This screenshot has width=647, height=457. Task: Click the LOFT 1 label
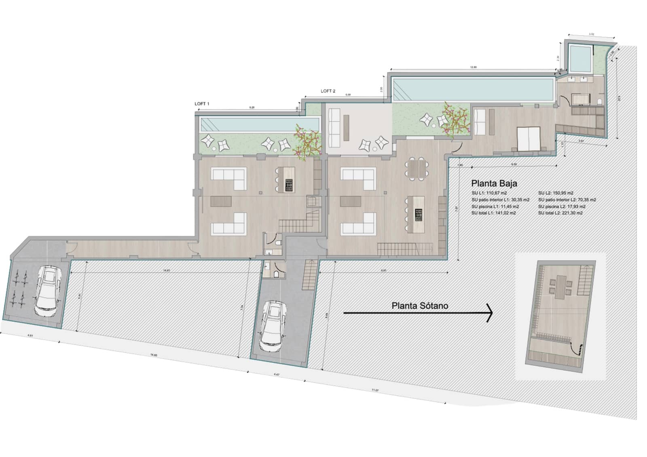pos(202,104)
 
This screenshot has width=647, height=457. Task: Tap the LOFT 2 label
pos(328,91)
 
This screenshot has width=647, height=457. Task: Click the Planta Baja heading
pos(494,183)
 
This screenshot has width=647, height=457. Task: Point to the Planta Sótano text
pos(420,306)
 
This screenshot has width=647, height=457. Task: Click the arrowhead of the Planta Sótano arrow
pos(490,312)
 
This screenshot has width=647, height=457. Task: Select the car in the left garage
pos(48,290)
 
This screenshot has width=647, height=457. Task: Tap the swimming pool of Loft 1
pos(259,124)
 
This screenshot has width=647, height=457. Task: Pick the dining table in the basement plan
pos(560,286)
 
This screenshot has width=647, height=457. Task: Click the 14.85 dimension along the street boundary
pos(153,355)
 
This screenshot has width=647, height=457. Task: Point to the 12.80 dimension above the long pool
pos(474,67)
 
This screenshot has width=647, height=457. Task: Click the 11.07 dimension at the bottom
pos(375,390)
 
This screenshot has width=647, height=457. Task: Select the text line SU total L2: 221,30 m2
pos(560,213)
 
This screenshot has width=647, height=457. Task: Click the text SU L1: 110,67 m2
pos(489,193)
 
